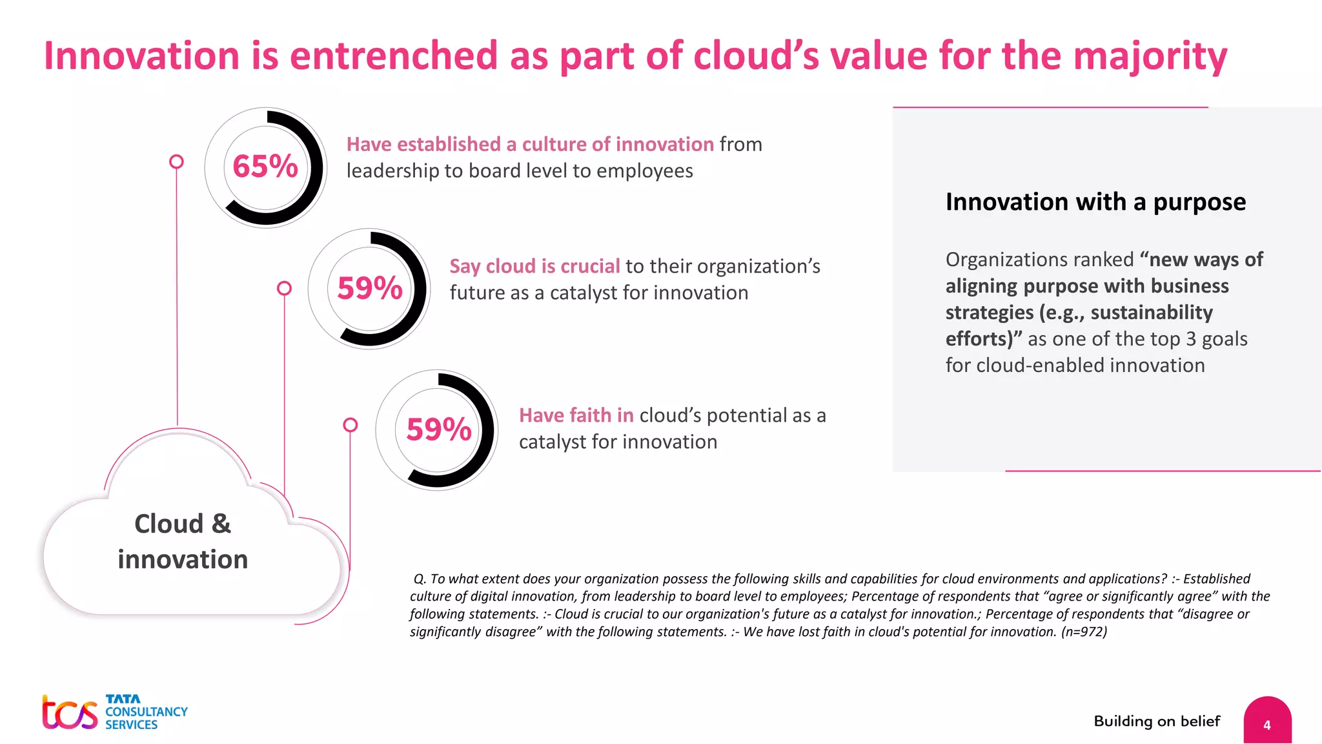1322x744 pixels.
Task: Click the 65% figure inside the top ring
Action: (x=265, y=167)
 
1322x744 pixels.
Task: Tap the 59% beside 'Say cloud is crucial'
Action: (x=370, y=288)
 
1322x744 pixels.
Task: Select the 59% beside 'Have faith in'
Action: (x=439, y=429)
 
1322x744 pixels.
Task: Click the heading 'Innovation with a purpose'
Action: (x=1095, y=202)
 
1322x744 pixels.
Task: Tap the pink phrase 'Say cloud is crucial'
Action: (x=534, y=266)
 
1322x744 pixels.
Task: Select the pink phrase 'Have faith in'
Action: (x=576, y=415)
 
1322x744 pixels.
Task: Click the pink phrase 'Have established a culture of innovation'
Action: (x=530, y=144)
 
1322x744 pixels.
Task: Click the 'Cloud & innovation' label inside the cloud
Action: (x=183, y=541)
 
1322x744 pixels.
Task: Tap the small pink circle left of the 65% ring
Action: (x=176, y=161)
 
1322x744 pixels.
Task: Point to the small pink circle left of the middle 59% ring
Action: (x=284, y=288)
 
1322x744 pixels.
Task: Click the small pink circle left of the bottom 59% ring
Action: (x=351, y=424)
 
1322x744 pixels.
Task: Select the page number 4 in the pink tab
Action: (x=1266, y=725)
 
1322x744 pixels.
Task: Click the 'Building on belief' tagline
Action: (x=1157, y=721)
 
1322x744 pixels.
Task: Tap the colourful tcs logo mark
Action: (x=70, y=712)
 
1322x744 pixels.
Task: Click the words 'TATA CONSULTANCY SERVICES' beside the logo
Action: (x=146, y=712)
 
